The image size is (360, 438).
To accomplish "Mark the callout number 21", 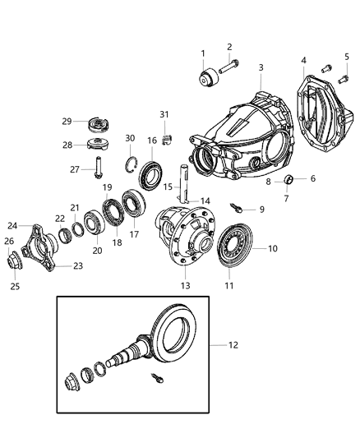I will point(74,208).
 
